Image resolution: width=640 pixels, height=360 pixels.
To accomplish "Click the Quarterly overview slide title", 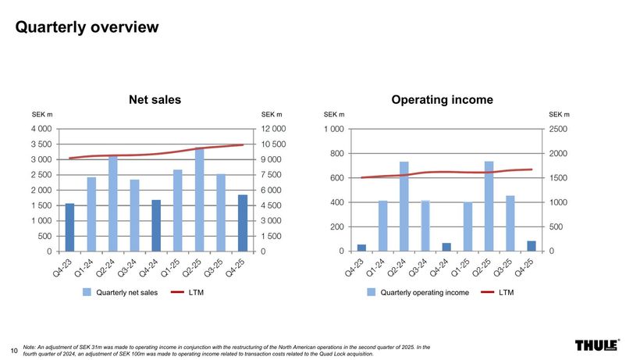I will click(x=87, y=27).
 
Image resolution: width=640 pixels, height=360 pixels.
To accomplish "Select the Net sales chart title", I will click(x=155, y=99).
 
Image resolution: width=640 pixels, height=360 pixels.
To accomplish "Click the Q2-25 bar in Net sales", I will click(x=199, y=200).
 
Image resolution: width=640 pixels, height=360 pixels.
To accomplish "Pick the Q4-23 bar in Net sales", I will click(x=70, y=227).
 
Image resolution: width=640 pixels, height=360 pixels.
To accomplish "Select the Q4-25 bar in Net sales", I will click(x=242, y=223).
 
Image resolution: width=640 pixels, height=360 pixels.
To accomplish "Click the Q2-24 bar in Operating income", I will click(x=404, y=206).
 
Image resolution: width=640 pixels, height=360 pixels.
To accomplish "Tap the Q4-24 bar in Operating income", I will click(x=446, y=247).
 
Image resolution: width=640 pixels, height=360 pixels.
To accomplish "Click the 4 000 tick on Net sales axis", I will click(x=42, y=129).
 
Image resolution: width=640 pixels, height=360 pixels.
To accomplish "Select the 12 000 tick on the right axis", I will click(x=275, y=129).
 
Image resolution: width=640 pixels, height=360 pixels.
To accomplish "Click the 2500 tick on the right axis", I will click(x=559, y=129).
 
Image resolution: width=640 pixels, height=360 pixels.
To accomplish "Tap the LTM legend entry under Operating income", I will click(x=507, y=293).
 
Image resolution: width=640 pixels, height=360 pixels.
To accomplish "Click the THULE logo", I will click(x=596, y=346).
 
